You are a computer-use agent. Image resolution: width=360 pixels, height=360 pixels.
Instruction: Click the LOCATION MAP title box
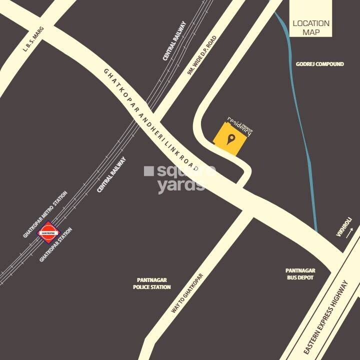[x=311, y=27]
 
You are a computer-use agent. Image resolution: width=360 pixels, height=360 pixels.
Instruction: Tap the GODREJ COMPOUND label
[x=319, y=64]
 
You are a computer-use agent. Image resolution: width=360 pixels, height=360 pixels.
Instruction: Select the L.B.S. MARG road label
[x=34, y=39]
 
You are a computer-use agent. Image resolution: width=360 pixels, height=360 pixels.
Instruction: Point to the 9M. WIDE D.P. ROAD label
[x=202, y=55]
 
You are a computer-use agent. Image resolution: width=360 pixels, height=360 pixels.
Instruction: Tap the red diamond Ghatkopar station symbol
[x=49, y=232]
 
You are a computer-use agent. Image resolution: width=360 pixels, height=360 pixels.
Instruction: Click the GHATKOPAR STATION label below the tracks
[x=55, y=244]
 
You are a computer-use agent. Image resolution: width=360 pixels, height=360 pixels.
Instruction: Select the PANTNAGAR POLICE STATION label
[x=151, y=283]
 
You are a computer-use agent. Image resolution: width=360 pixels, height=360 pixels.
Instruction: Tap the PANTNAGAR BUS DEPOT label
[x=300, y=274]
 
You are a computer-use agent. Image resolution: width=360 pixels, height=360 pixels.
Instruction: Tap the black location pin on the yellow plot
[x=230, y=139]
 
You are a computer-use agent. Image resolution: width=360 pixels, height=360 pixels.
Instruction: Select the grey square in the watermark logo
[x=148, y=171]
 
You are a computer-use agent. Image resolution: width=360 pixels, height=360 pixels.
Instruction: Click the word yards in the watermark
[x=180, y=185]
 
